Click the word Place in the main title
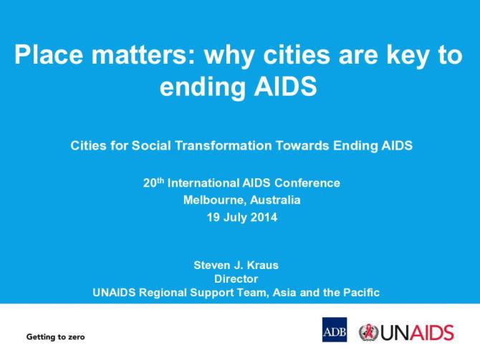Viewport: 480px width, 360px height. click(x=49, y=56)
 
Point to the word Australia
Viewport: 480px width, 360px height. click(x=273, y=200)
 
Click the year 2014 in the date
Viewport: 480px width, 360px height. click(x=263, y=218)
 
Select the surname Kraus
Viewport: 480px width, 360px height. click(x=261, y=265)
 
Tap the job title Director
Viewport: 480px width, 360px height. click(x=236, y=278)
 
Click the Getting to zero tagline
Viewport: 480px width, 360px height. click(x=52, y=336)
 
